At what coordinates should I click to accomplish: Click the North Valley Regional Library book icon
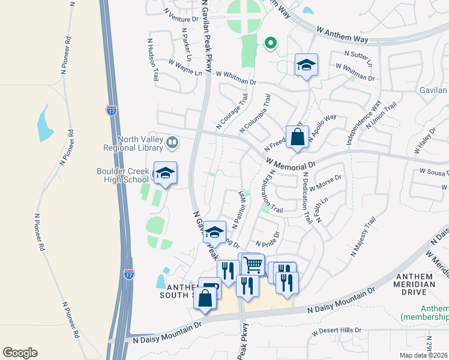coord(172,142)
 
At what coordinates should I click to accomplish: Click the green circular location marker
coord(271,43)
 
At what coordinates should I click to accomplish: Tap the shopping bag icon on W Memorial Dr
coord(297,137)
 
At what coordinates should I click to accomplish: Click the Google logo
coord(20,353)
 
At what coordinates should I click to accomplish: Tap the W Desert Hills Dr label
coord(337,331)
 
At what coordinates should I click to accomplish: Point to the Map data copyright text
coord(423,355)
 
